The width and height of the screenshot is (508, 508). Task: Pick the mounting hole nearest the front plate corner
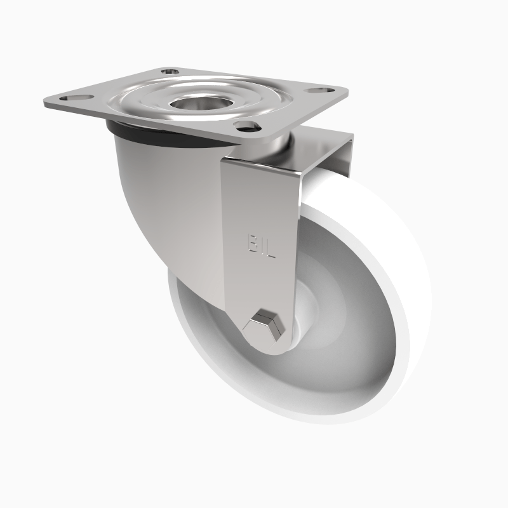(245, 125)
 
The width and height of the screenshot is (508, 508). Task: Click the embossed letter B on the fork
(253, 243)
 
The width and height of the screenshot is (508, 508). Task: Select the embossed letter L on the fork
(269, 248)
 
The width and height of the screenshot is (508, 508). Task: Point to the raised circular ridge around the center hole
(156, 102)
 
